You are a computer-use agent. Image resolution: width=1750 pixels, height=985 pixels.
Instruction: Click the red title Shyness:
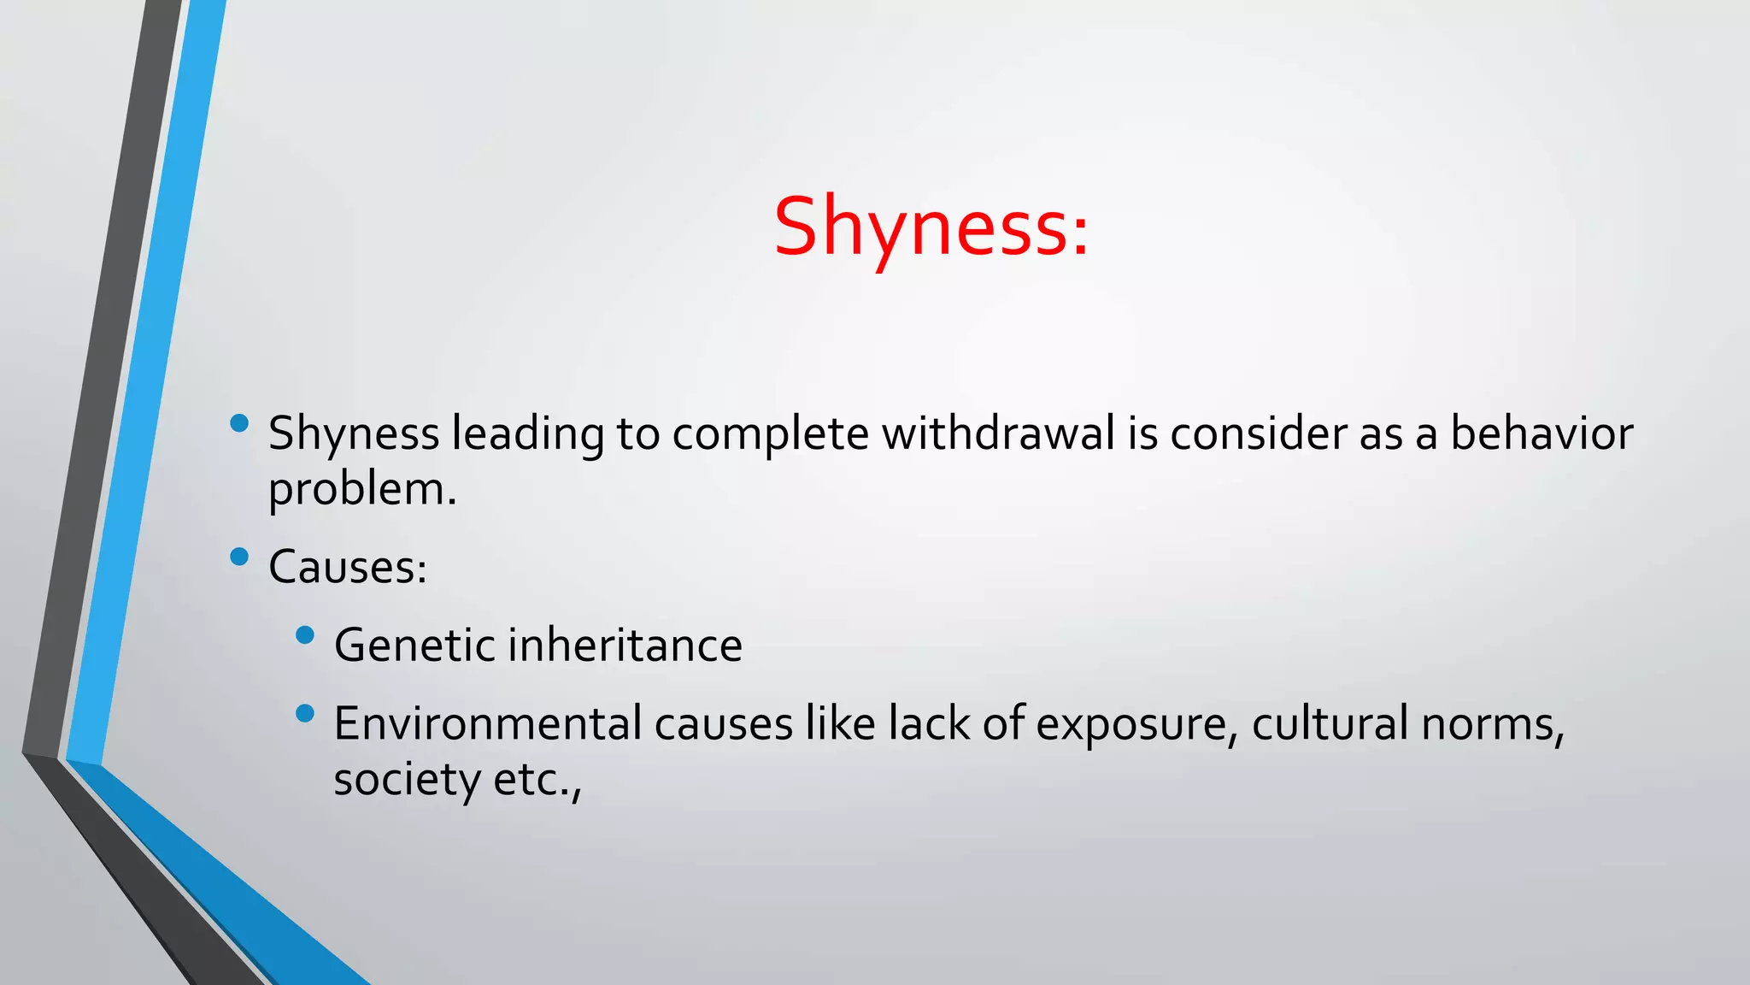(931, 227)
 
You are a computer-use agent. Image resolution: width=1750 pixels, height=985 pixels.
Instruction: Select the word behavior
(1542, 434)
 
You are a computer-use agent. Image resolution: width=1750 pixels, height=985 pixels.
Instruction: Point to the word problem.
(361, 491)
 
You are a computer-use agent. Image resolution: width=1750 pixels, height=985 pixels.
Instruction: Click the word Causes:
(348, 567)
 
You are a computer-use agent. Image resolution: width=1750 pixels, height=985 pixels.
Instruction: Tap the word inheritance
(625, 645)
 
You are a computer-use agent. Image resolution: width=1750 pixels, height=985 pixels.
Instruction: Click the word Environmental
(488, 723)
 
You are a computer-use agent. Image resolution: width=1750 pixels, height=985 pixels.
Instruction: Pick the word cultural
(1330, 723)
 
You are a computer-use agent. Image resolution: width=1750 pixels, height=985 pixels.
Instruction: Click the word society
(408, 780)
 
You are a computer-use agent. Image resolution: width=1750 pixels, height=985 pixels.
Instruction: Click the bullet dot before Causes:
(239, 557)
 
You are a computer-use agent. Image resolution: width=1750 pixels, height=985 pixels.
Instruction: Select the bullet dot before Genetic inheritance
(305, 635)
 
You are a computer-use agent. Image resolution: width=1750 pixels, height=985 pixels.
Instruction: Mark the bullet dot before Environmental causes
(305, 714)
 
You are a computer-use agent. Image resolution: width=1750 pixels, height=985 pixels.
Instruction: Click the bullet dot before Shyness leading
(239, 423)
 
